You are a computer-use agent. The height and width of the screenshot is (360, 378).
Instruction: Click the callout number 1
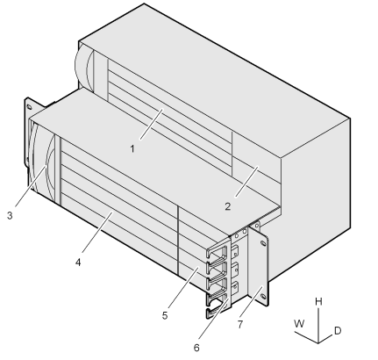click(132, 149)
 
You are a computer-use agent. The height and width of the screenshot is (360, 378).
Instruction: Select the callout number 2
click(228, 206)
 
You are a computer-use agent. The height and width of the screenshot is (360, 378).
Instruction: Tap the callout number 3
click(10, 216)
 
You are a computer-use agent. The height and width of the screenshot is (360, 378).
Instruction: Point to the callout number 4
click(78, 263)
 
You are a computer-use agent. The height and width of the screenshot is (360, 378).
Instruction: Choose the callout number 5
click(165, 315)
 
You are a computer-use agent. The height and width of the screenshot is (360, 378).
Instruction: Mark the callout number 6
click(196, 348)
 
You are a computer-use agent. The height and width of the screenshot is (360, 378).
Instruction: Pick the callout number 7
click(240, 324)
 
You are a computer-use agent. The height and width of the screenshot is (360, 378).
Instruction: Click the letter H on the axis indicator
click(318, 302)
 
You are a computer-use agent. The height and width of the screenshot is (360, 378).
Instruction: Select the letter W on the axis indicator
click(299, 324)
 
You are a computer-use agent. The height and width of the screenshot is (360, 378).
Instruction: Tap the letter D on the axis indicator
click(338, 331)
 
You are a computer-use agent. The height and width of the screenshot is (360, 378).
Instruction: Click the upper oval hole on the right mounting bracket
click(263, 242)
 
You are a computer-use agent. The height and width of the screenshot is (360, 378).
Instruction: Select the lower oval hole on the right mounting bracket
click(263, 296)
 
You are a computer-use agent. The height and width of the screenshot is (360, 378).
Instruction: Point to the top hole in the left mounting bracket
click(29, 106)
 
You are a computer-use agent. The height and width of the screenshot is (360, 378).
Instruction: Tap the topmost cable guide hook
click(217, 252)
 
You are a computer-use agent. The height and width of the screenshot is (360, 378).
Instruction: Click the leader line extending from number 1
click(151, 124)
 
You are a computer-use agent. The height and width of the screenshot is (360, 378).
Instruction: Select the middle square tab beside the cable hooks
click(235, 268)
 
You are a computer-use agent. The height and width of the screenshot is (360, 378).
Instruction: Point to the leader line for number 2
click(246, 182)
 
